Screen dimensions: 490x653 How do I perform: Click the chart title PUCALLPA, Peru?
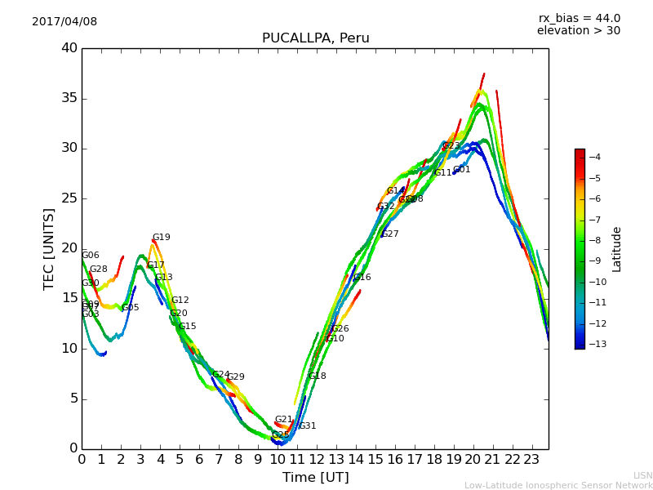click(x=315, y=38)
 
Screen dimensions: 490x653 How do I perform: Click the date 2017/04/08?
click(x=64, y=22)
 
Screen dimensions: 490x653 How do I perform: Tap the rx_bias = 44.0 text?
click(x=579, y=19)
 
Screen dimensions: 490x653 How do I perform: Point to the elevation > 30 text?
click(x=578, y=31)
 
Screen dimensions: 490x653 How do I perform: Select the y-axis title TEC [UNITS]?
click(x=50, y=248)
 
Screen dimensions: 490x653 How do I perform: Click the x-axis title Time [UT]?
click(x=315, y=477)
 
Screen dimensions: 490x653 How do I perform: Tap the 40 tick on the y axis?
click(x=69, y=48)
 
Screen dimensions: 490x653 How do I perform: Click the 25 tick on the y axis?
click(x=69, y=198)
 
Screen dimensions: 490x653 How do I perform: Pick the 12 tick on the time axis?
click(x=317, y=459)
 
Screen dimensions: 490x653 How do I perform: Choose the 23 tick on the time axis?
click(x=531, y=459)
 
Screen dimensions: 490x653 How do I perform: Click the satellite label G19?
click(x=162, y=238)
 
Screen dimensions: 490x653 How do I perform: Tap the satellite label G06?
click(x=91, y=256)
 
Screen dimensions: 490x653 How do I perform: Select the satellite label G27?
click(x=390, y=234)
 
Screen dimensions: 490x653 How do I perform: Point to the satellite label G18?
click(x=318, y=376)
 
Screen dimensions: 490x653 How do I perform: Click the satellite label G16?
click(x=362, y=278)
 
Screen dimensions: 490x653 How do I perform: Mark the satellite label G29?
click(x=236, y=377)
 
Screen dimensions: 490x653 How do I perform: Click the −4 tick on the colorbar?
click(x=594, y=157)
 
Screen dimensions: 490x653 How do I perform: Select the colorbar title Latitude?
click(x=617, y=249)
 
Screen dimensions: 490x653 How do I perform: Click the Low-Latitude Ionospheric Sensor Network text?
click(x=558, y=485)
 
